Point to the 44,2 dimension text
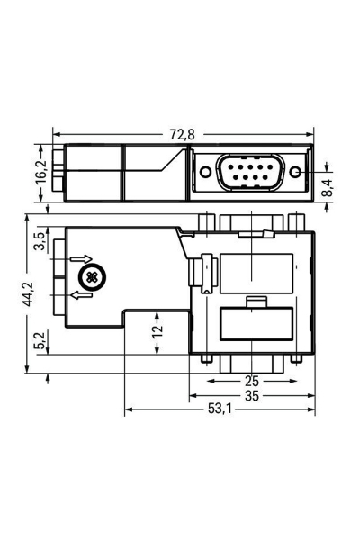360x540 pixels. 30,293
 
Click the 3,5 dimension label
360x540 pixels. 38,241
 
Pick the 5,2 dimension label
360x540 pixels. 38,341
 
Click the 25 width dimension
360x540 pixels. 251,380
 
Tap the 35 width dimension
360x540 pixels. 251,394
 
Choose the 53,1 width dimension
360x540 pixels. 220,410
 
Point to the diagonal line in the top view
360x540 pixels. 168,162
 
